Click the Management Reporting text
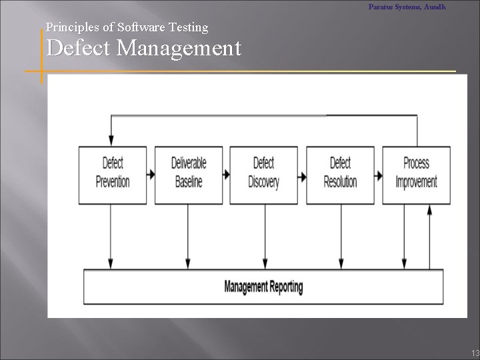263,287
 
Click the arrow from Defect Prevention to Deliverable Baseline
151,175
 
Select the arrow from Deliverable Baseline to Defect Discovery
226,175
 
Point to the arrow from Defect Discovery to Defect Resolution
302,175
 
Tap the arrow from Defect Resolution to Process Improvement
378,175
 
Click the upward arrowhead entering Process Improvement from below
429,209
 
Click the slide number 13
474,353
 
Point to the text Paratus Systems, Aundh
407,7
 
